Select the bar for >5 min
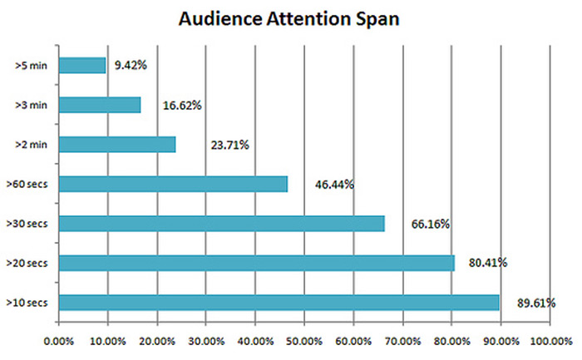(82, 65)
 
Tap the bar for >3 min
(100, 105)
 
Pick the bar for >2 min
(117, 144)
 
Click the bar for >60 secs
(173, 184)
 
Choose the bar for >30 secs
(221, 223)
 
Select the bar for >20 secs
(256, 263)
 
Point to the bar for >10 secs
(279, 303)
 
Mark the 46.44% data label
(333, 185)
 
